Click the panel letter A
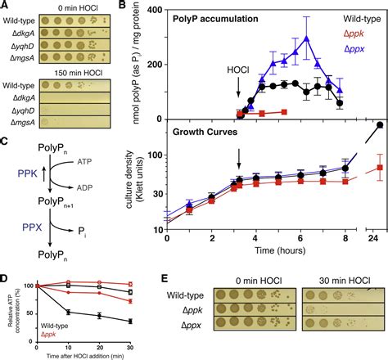(x=6, y=7)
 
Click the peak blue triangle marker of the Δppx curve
(x=306, y=38)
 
